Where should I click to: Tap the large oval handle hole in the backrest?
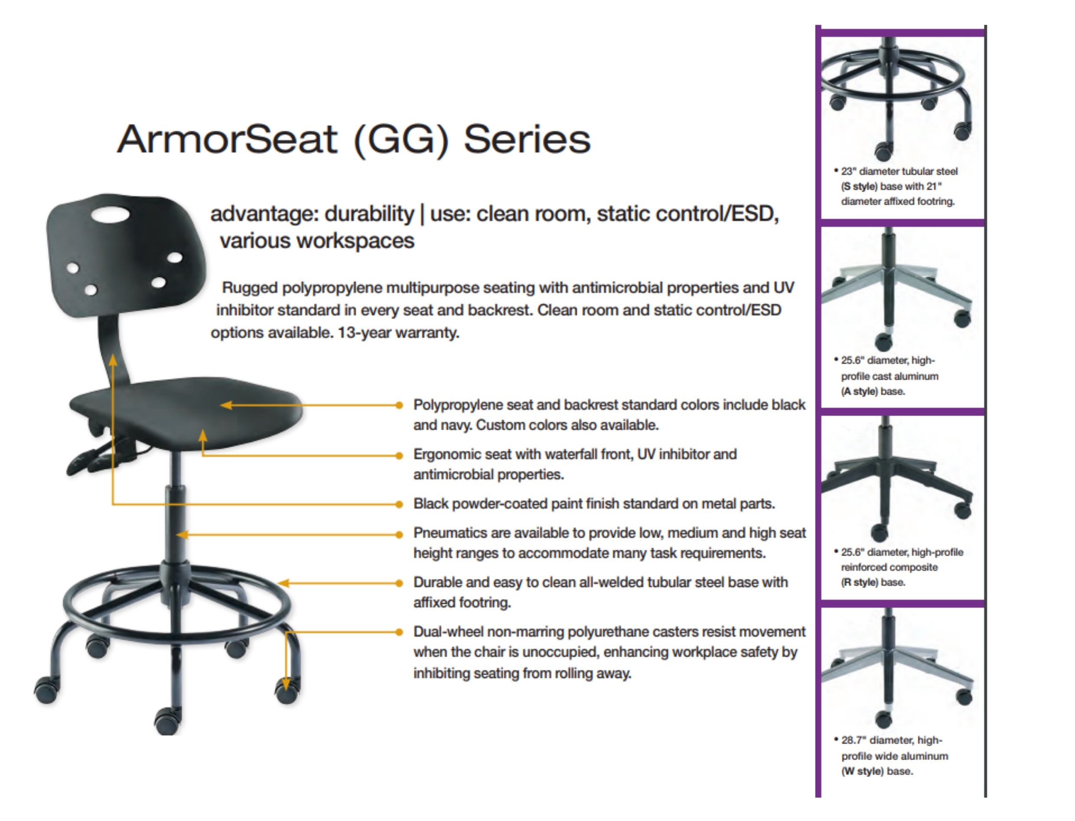[111, 215]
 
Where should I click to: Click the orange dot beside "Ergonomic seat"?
[399, 455]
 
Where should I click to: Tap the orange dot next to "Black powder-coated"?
[399, 504]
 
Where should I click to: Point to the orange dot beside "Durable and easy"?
[399, 583]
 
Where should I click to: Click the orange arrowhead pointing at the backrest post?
[113, 359]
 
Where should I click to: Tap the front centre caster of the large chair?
[167, 720]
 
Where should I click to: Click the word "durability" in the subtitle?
[369, 214]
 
